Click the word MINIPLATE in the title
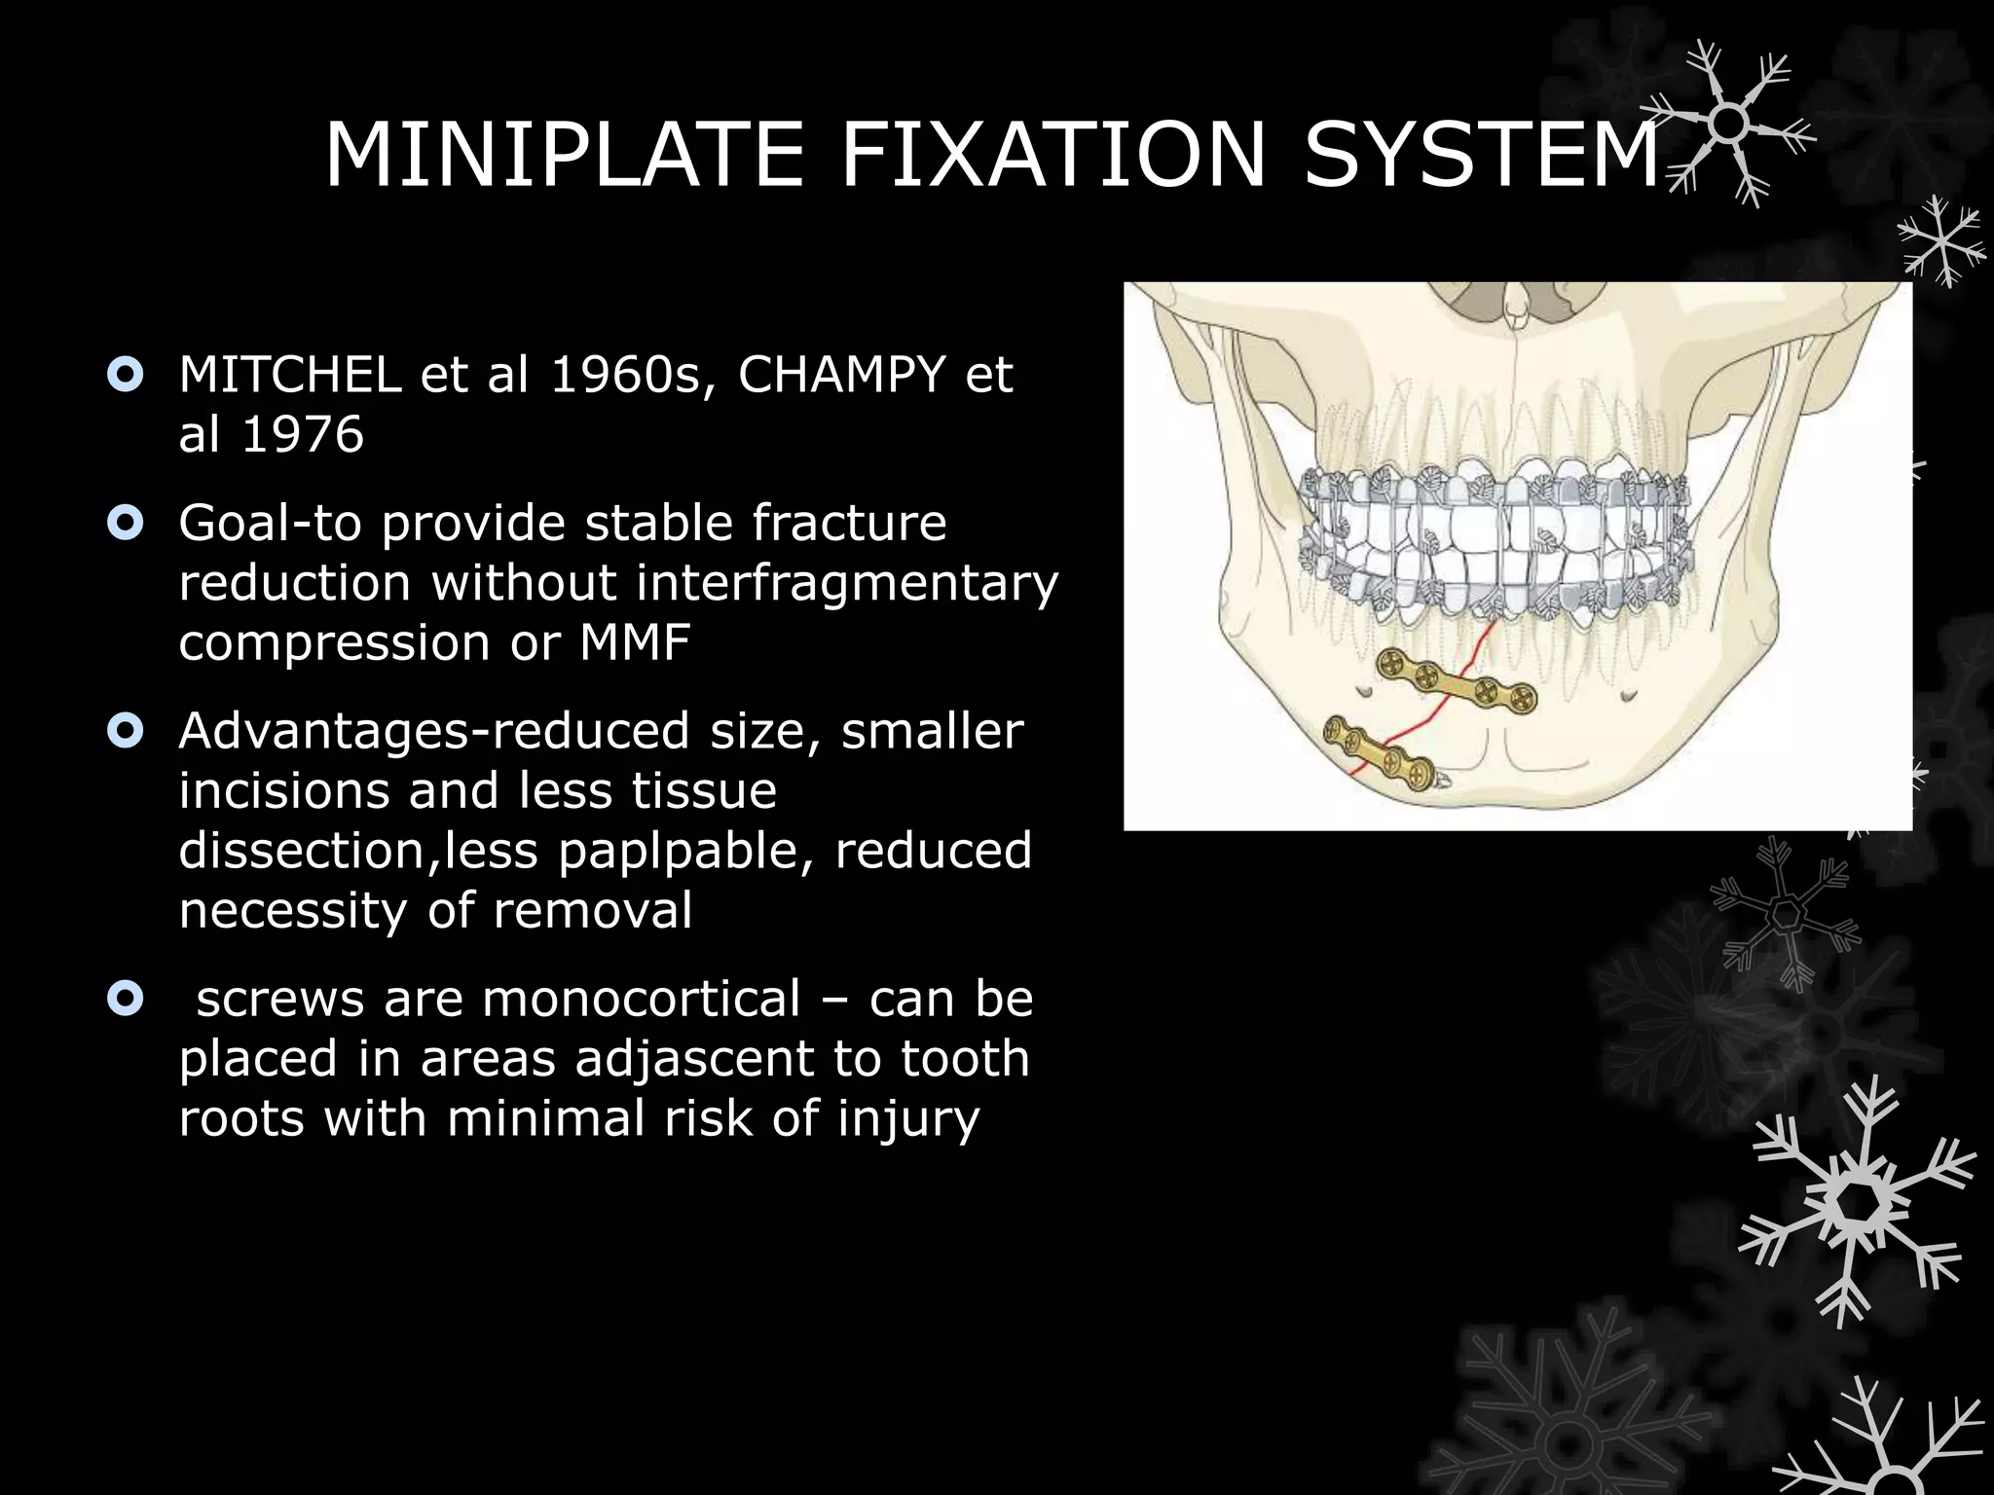(x=564, y=155)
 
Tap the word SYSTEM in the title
(x=1481, y=155)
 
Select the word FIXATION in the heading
(x=1052, y=155)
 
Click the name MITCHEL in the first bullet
(x=290, y=375)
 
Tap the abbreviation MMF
(x=635, y=642)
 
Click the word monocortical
(x=642, y=999)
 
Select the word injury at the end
(x=908, y=1118)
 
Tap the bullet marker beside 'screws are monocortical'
(x=126, y=999)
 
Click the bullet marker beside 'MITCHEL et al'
(x=126, y=376)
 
